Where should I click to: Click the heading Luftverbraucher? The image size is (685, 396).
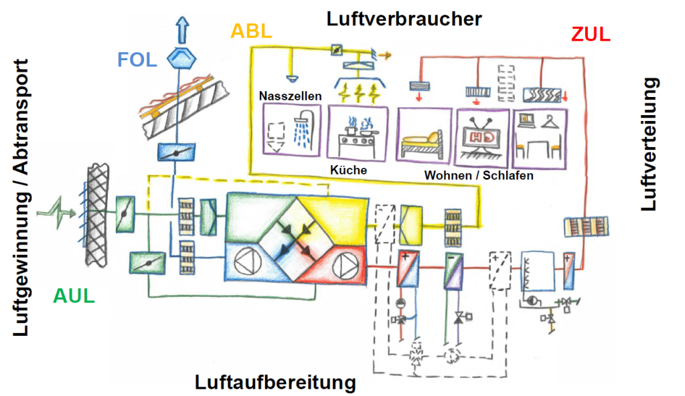click(404, 18)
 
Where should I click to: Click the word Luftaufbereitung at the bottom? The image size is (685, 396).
click(275, 383)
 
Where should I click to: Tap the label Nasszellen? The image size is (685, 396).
click(291, 96)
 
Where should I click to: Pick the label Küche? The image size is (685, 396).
click(348, 170)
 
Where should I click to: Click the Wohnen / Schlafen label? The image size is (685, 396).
click(479, 176)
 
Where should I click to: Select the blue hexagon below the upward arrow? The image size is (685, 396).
click(181, 59)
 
